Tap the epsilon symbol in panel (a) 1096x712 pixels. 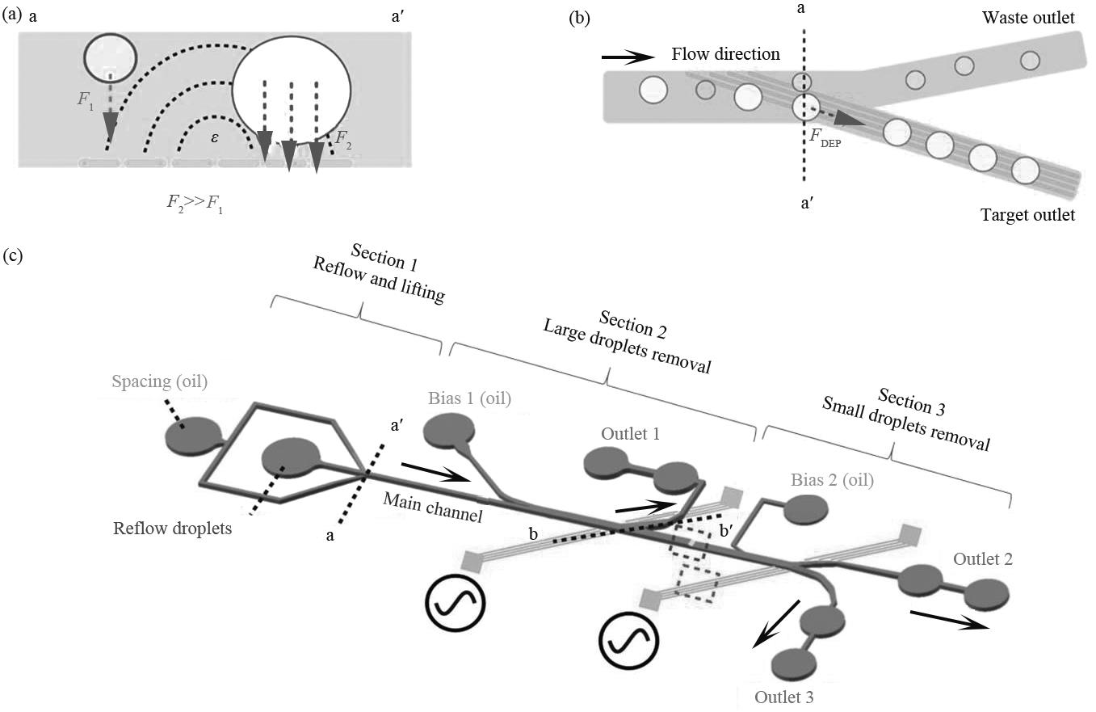point(214,137)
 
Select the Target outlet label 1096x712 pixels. point(1027,215)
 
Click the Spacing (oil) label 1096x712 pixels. point(160,381)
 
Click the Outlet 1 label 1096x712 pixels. point(630,434)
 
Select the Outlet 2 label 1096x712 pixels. point(982,558)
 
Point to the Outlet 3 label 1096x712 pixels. point(783,697)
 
